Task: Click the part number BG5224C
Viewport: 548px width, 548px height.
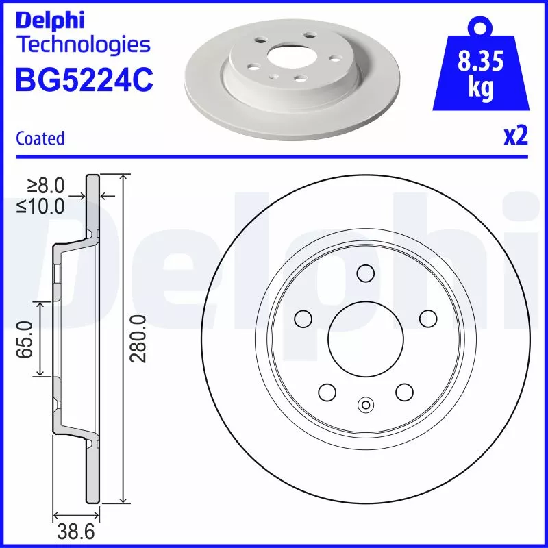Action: [x=84, y=79]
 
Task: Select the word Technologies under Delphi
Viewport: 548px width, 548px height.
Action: [x=82, y=45]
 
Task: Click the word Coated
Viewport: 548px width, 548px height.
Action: [x=40, y=138]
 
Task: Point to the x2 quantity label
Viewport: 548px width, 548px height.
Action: [x=516, y=137]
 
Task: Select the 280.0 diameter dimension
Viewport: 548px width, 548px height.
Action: [x=139, y=339]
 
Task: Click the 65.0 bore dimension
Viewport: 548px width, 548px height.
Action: [x=26, y=339]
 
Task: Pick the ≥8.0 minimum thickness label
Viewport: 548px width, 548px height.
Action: [x=46, y=185]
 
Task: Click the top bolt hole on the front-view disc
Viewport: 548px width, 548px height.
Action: [x=365, y=273]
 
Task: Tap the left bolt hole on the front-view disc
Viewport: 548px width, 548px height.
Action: [x=302, y=319]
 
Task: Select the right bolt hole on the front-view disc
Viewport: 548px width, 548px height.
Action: [x=428, y=319]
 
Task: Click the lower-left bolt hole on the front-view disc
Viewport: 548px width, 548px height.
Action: [x=327, y=392]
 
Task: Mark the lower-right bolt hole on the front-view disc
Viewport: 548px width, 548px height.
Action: [x=404, y=392]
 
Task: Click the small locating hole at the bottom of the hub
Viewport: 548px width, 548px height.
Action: [x=365, y=405]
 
